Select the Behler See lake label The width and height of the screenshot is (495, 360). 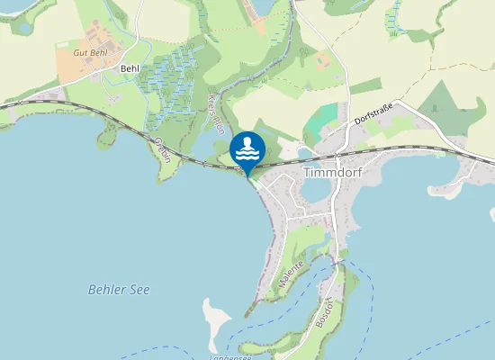pyautogui.click(x=119, y=290)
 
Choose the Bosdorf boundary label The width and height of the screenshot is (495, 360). pyautogui.click(x=325, y=311)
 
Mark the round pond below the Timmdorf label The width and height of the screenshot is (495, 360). pyautogui.click(x=314, y=190)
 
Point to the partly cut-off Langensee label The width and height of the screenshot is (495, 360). pyautogui.click(x=229, y=356)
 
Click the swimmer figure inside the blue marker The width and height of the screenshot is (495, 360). pyautogui.click(x=247, y=144)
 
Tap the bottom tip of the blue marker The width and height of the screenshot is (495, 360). pyautogui.click(x=247, y=176)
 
